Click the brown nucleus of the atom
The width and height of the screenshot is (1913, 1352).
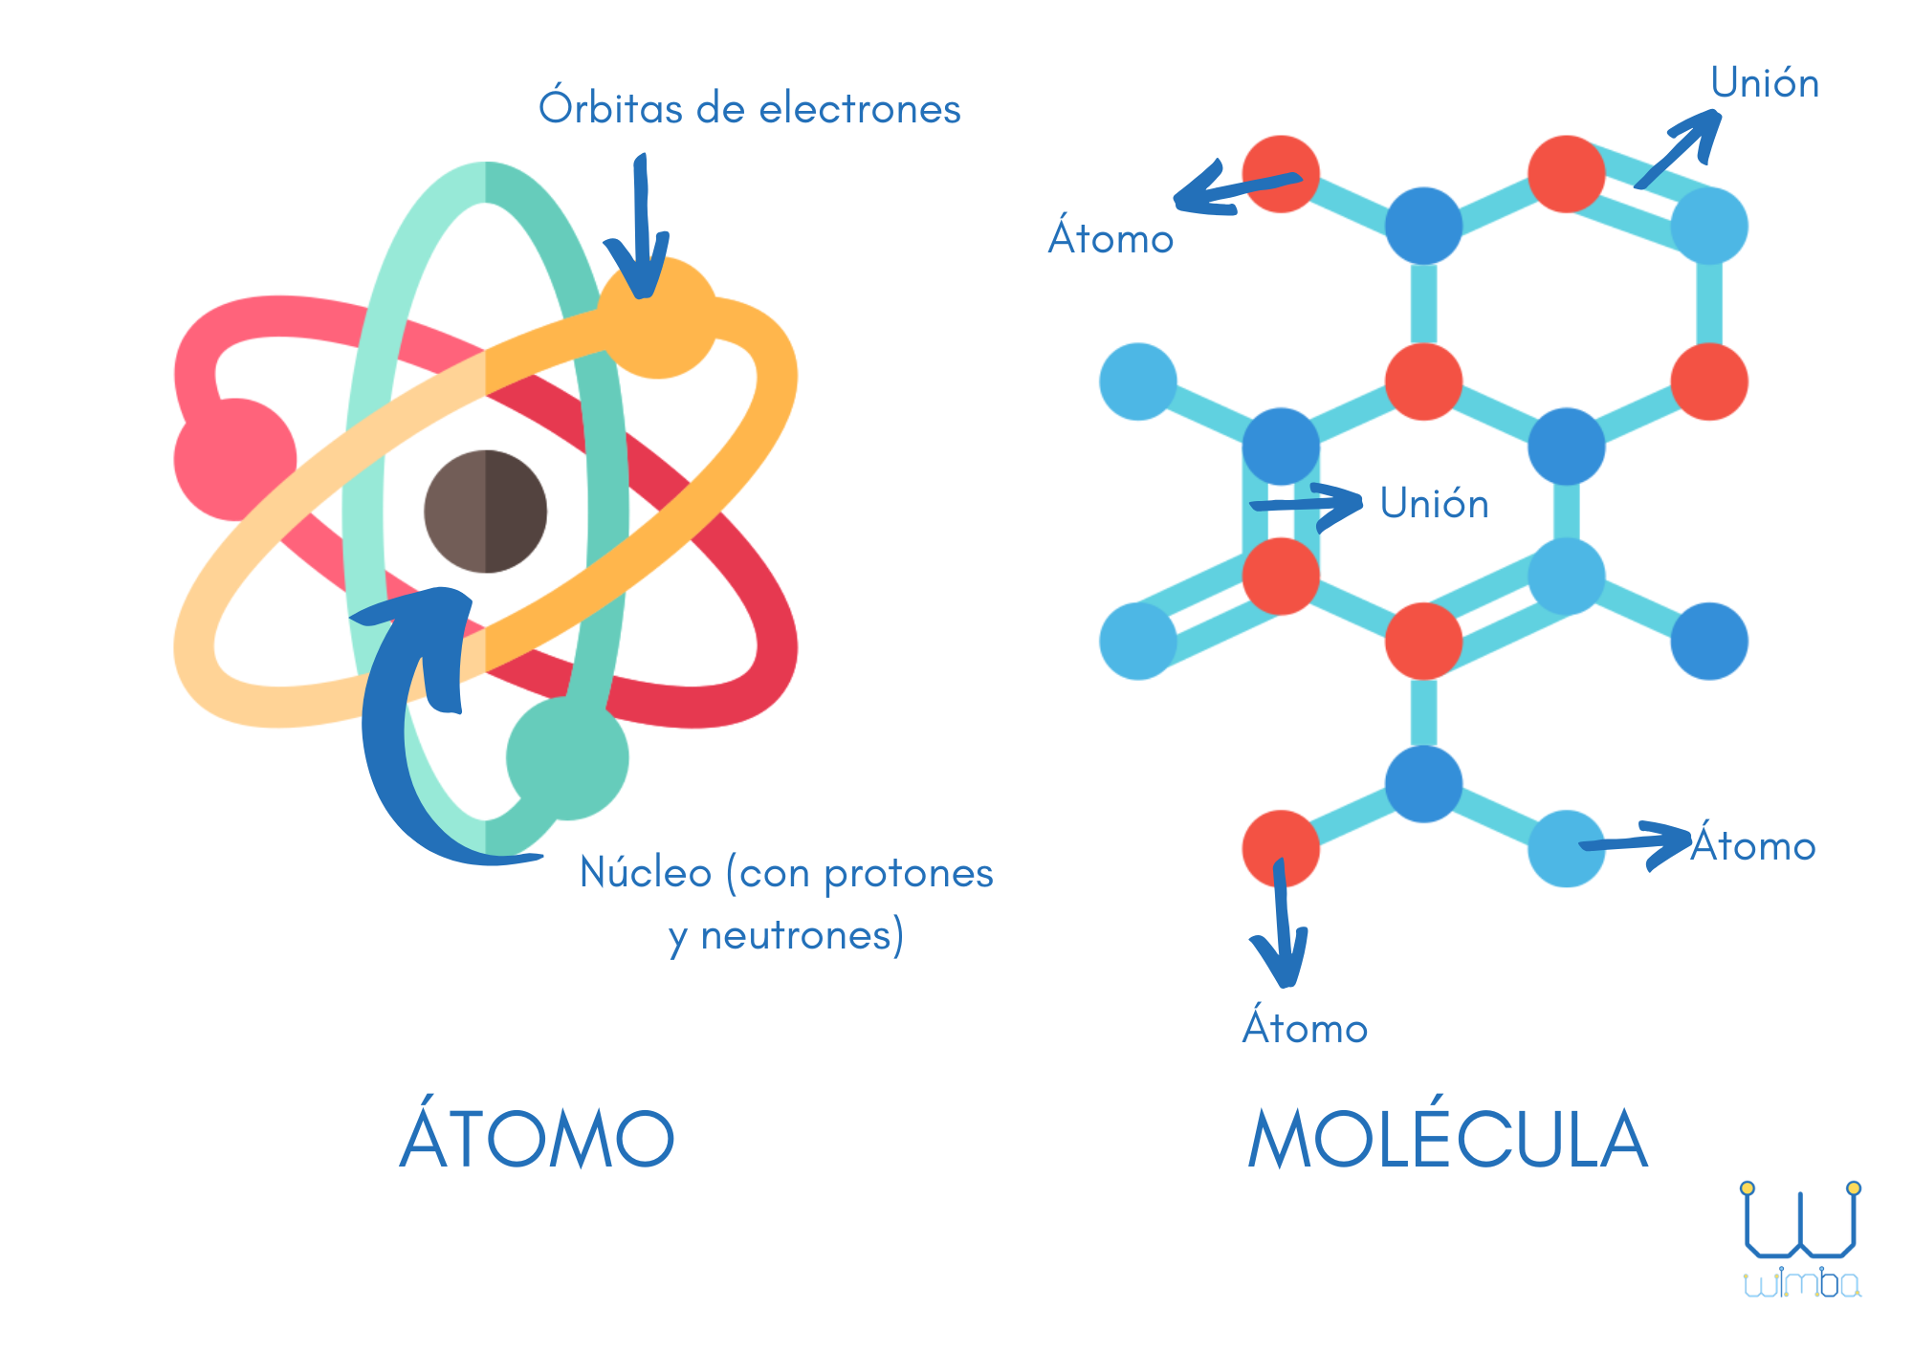pos(486,512)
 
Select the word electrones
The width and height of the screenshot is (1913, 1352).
pos(860,109)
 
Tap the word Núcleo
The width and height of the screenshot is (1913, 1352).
pos(646,873)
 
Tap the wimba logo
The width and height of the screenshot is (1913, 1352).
pos(1800,1243)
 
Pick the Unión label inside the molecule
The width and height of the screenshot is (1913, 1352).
pos(1434,504)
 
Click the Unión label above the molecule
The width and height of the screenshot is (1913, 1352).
pos(1765,83)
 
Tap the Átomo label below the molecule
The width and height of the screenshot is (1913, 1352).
pos(1305,1029)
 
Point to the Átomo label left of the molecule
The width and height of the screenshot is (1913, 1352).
pos(1110,239)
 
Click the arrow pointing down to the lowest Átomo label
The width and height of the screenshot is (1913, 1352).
pos(1282,927)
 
